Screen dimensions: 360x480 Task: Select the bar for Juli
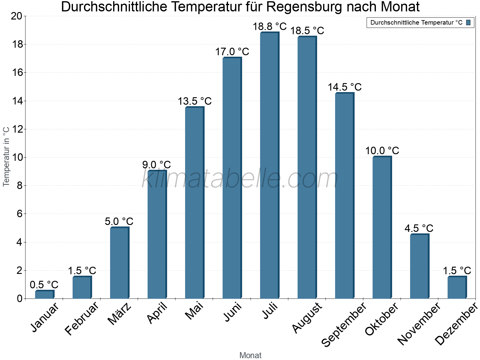269,166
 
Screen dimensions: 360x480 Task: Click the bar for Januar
44,295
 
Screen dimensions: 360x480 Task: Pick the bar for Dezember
457,287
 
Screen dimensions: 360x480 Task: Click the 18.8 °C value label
269,27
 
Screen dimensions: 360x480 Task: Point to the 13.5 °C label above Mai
195,101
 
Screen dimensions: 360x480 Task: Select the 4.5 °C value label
419,229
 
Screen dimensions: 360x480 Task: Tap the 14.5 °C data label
344,87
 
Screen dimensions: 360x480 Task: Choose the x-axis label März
119,314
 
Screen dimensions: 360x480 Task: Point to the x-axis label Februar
82,318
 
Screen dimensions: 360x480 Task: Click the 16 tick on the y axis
17,73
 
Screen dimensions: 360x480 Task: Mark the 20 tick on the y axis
17,16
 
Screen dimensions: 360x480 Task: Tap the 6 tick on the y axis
20,214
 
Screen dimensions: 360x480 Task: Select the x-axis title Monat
250,355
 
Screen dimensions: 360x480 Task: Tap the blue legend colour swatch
469,22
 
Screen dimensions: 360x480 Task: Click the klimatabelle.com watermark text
240,179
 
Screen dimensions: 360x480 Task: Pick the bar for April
157,235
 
